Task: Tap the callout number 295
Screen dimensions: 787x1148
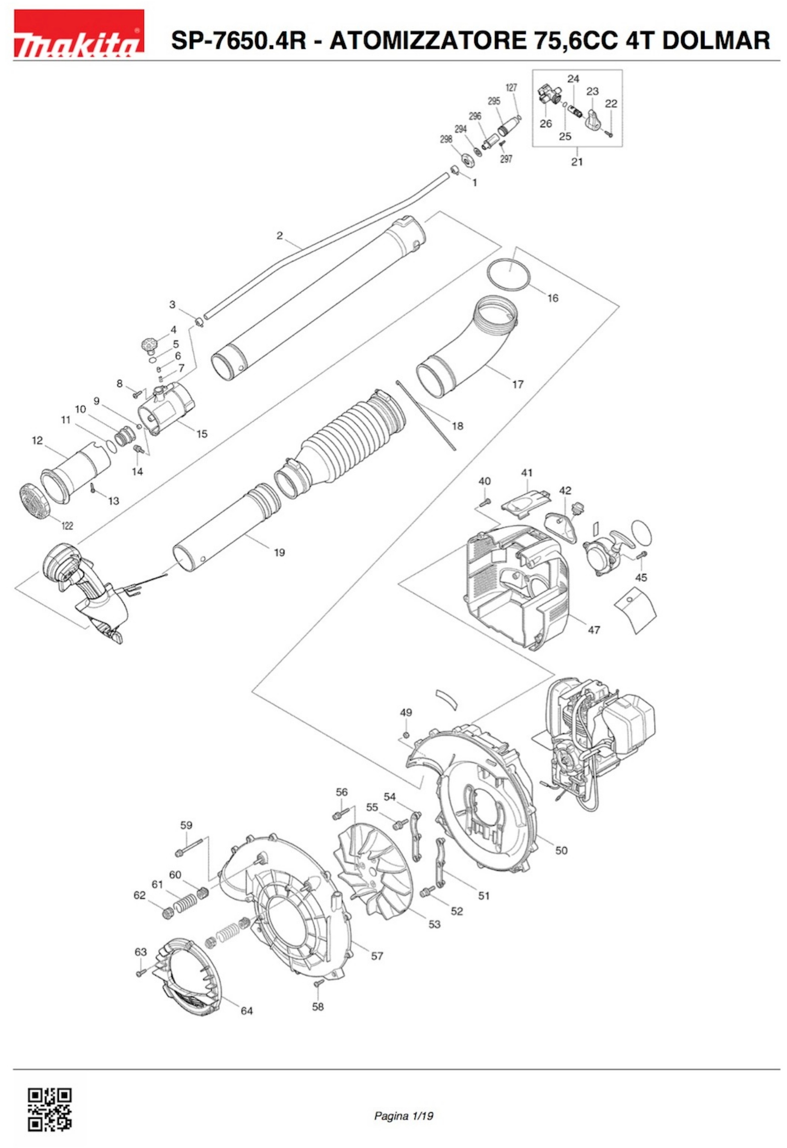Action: click(x=494, y=101)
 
